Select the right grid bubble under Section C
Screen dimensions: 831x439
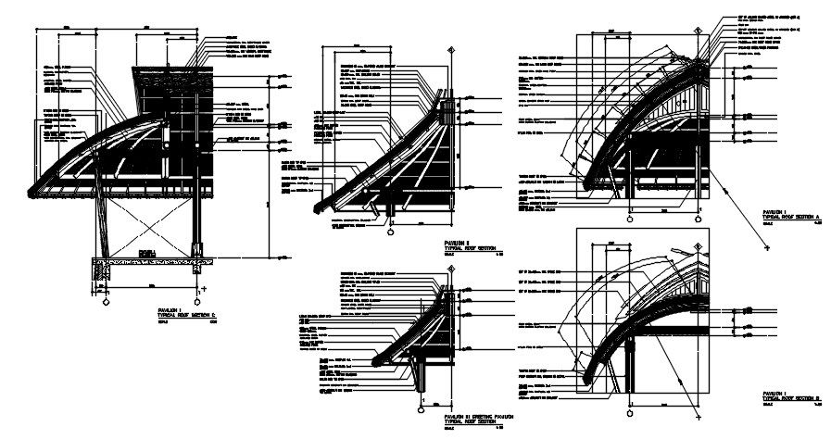tap(195, 302)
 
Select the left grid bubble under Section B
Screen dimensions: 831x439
tap(631, 404)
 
